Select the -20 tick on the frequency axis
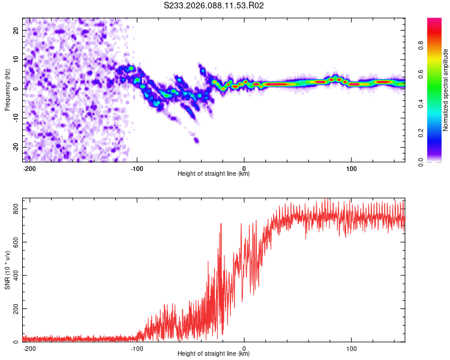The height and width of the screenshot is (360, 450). [x=15, y=148]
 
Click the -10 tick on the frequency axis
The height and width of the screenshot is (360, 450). [x=15, y=118]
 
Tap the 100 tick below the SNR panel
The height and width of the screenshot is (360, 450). [x=352, y=348]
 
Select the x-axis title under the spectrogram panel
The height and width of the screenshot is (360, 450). [x=214, y=174]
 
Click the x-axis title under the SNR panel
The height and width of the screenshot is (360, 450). [x=214, y=354]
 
